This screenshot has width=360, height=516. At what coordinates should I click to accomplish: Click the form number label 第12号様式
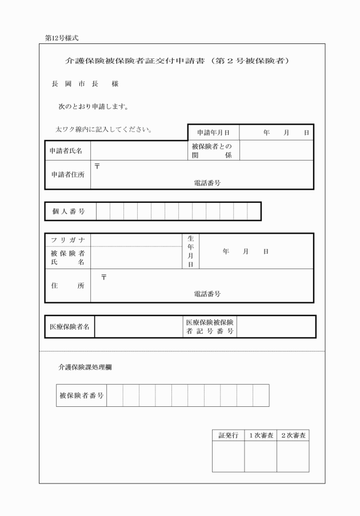click(62, 38)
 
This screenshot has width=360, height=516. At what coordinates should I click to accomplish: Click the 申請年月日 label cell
click(213, 133)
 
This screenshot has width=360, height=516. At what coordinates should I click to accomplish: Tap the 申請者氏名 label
click(67, 151)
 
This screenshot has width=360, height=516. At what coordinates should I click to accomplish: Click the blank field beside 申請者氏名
click(139, 151)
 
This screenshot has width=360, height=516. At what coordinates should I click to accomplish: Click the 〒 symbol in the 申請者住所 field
click(97, 166)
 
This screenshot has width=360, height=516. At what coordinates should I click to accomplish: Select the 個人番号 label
click(69, 211)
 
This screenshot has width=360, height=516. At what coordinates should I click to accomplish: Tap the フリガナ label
click(67, 240)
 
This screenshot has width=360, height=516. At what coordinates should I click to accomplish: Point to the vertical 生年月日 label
click(191, 251)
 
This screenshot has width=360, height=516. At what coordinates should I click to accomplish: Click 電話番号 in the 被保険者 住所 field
click(207, 294)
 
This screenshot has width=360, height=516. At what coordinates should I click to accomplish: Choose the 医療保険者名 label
click(69, 327)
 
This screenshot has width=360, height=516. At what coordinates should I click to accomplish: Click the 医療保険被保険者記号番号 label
click(209, 327)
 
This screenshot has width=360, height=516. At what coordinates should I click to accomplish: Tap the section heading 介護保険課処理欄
click(85, 367)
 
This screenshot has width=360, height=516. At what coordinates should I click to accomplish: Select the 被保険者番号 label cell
click(81, 395)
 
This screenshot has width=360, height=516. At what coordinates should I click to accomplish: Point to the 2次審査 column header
click(293, 435)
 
